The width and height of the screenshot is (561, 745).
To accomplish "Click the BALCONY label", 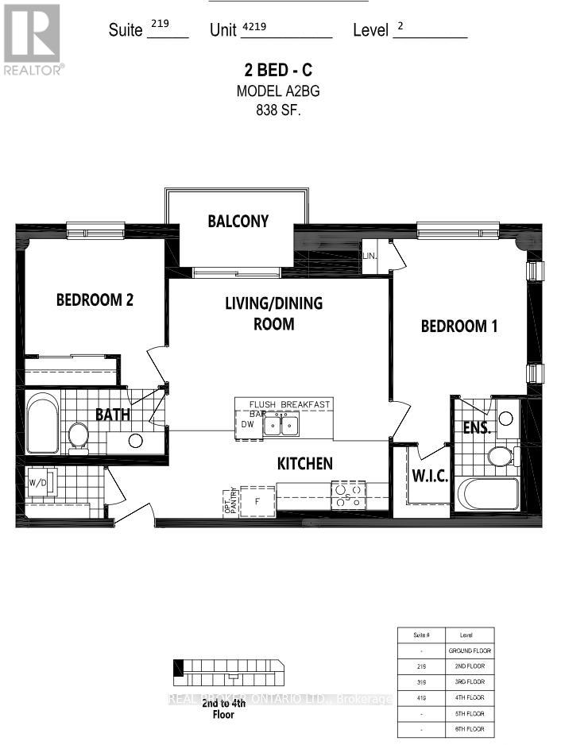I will point(238,221).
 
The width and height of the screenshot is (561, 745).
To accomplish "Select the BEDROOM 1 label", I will point(459,326).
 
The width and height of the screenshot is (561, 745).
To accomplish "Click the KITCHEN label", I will point(304,463).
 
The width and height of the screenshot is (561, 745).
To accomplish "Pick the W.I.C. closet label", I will point(430,477).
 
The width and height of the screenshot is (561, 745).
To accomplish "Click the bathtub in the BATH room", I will point(41,424).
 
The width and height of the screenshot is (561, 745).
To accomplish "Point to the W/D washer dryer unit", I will point(38,483).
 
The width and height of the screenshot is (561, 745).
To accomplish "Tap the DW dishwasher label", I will point(248,424).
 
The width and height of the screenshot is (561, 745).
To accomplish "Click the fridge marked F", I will point(257,501).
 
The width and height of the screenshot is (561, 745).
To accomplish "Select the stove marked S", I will point(348,496).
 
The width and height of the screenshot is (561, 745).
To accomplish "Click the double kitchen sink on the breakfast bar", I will point(281,426).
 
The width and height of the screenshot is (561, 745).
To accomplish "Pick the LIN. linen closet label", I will point(370,257).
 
